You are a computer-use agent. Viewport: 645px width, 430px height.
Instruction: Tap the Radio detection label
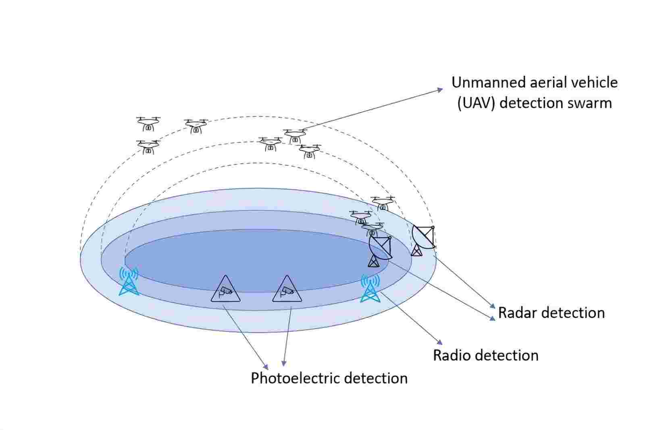[x=485, y=355]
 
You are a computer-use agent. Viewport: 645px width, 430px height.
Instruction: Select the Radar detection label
[x=551, y=313]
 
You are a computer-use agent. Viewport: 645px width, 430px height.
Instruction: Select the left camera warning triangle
[x=226, y=290]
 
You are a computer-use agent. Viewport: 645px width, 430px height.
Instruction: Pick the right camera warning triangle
[x=287, y=290]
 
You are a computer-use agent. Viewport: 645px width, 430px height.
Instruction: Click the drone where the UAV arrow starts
[x=295, y=135]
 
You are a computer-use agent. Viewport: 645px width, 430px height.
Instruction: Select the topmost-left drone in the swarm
[x=148, y=123]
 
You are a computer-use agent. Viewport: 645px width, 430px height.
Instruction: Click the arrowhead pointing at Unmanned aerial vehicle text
[x=441, y=90]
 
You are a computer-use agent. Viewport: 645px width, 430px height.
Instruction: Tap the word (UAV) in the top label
[x=476, y=103]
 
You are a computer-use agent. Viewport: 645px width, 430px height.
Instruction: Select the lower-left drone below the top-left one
[x=148, y=147]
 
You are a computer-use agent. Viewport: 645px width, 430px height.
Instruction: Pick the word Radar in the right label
[x=516, y=313]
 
